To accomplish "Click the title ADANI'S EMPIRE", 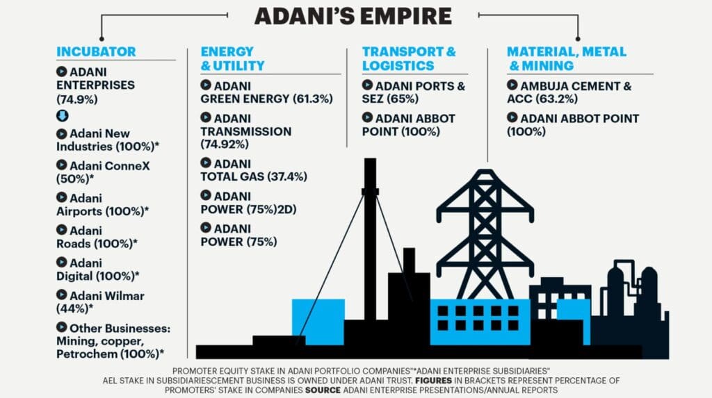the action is [x=353, y=17].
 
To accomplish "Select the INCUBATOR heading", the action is [x=96, y=51].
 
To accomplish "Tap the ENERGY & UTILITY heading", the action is [x=232, y=58].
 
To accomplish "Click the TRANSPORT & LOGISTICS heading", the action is [x=409, y=58].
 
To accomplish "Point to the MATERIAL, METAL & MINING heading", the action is [x=566, y=58].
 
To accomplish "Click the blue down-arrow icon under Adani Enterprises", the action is [x=62, y=116].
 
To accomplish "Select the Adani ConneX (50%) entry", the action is [x=103, y=172].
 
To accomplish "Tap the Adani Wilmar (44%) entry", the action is [x=100, y=301].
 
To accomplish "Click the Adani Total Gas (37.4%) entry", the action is [x=253, y=170].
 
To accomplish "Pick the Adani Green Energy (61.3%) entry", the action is [x=266, y=92].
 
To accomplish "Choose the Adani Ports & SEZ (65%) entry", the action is [x=413, y=92].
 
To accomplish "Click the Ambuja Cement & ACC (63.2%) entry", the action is [x=569, y=92].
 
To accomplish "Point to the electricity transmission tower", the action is [x=485, y=233].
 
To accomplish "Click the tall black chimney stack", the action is [x=370, y=239].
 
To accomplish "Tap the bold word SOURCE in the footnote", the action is [x=323, y=390].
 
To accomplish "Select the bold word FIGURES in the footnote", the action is [x=433, y=381].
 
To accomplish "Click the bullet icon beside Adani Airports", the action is [x=62, y=197].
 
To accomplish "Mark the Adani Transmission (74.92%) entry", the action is [x=245, y=131].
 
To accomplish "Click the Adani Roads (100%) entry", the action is [x=97, y=237].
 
